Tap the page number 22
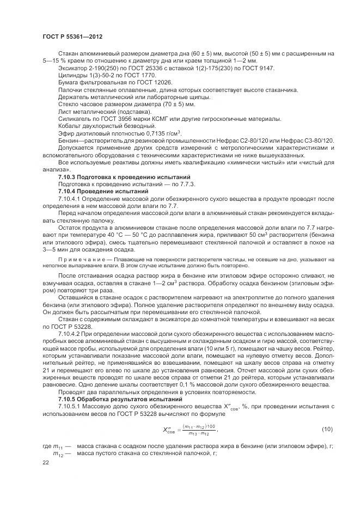point(46,462)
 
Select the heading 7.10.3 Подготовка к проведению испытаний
point(124,177)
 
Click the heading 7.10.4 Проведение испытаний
point(103,192)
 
